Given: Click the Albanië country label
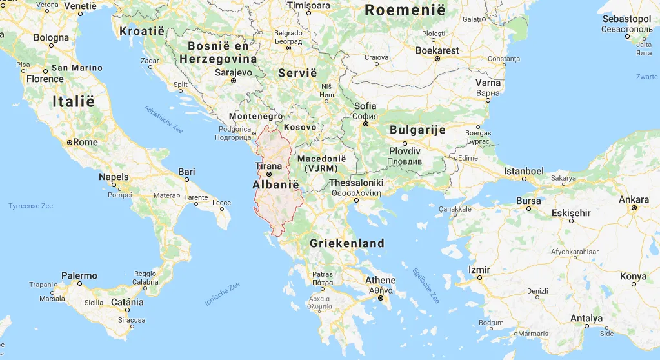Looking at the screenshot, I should (x=277, y=185).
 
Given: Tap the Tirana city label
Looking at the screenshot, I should (x=269, y=166).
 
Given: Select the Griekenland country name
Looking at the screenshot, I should (x=346, y=243).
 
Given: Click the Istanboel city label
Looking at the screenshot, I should (x=524, y=172).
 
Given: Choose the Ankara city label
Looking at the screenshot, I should (x=634, y=199).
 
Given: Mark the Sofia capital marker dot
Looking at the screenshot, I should (x=365, y=123).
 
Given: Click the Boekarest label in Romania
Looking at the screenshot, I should (x=437, y=50).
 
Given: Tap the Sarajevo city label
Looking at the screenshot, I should (x=233, y=73).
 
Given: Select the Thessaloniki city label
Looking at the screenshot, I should (x=356, y=183).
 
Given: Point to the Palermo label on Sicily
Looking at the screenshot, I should (x=79, y=275).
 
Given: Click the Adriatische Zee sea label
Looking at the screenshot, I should (x=164, y=119).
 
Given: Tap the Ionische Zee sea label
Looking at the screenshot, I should (x=222, y=294).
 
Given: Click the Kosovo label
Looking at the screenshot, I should (x=300, y=127).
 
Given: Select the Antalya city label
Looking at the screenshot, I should (x=586, y=318).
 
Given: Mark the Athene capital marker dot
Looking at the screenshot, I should (x=381, y=299).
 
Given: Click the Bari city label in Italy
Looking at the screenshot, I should (x=186, y=171).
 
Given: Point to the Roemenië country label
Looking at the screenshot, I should (x=405, y=10).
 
